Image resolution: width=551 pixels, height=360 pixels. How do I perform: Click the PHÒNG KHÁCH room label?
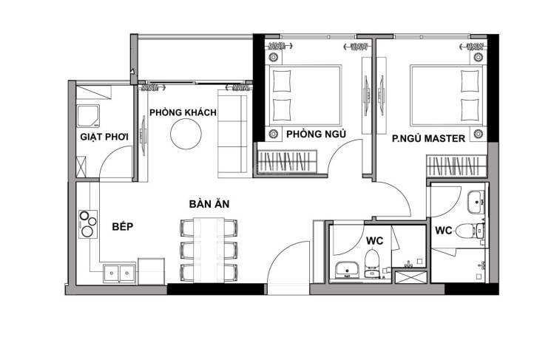click(183, 112)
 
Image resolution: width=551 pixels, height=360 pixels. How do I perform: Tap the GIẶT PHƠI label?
click(104, 136)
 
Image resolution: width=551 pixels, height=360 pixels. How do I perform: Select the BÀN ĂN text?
click(209, 203)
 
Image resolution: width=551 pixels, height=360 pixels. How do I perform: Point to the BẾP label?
click(123, 226)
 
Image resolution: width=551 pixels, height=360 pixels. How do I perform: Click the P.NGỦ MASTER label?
click(428, 138)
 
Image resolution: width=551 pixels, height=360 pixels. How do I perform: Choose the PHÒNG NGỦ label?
click(316, 134)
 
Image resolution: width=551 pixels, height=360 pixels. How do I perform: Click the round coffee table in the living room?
click(186, 134)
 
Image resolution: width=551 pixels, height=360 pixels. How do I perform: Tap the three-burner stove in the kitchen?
click(88, 224)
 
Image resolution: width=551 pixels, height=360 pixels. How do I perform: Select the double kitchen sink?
click(119, 273)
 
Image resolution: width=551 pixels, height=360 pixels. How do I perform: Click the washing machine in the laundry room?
click(88, 115)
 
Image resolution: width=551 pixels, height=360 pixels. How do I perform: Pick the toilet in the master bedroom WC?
click(469, 231)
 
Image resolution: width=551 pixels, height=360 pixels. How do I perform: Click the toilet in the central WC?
click(371, 262)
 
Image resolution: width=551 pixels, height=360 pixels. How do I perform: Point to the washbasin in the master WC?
click(476, 202)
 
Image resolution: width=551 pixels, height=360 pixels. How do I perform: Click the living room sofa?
click(232, 134)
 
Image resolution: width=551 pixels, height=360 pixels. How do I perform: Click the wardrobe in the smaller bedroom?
click(288, 162)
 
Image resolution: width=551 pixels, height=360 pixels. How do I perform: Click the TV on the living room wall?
click(143, 135)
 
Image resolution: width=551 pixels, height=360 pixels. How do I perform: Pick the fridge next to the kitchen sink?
click(152, 271)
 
